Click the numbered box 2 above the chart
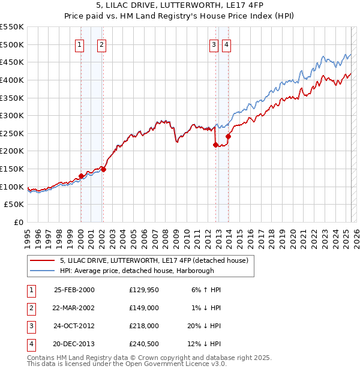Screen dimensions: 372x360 [102, 44]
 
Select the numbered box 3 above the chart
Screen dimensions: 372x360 [214, 44]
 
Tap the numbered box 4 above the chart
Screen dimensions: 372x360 [226, 44]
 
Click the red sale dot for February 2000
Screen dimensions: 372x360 [81, 176]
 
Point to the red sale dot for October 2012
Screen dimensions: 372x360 [215, 145]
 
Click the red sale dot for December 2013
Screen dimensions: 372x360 [228, 136]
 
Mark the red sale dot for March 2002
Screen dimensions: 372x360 [103, 169]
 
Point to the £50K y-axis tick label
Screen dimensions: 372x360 [14, 205]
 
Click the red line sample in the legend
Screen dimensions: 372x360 [42, 260]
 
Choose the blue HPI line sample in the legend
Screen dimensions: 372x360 [42, 271]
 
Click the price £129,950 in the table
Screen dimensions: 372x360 [142, 290]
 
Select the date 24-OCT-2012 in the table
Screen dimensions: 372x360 [74, 326]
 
